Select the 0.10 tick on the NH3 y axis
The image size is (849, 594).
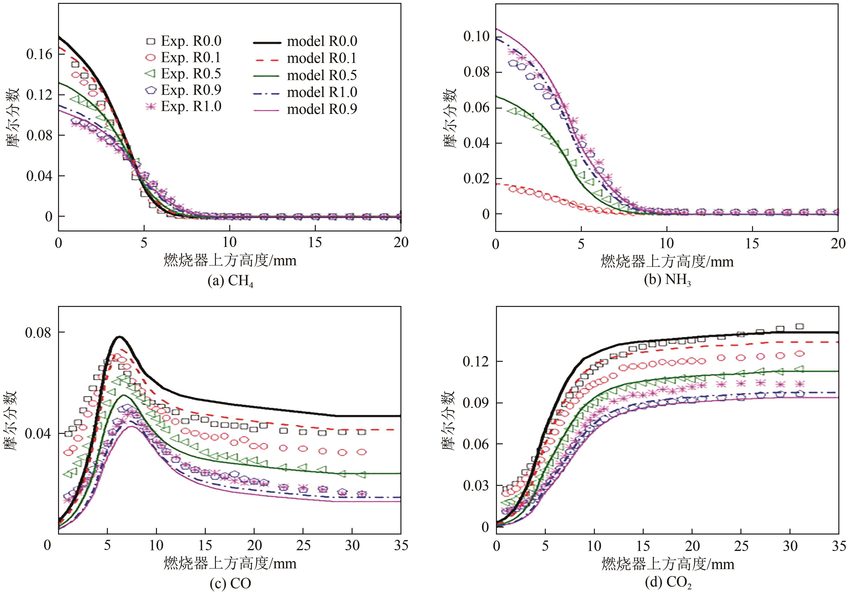pos(476,36)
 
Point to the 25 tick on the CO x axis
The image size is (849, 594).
pos(303,545)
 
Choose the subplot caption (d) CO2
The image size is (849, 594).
pos(668,583)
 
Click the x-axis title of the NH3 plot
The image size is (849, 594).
pos(667,261)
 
